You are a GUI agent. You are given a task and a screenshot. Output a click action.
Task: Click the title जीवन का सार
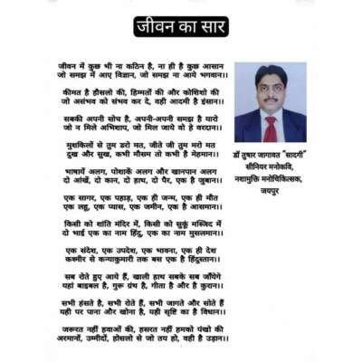click(180, 25)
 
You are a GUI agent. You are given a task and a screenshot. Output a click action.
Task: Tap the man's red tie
click(270, 129)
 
